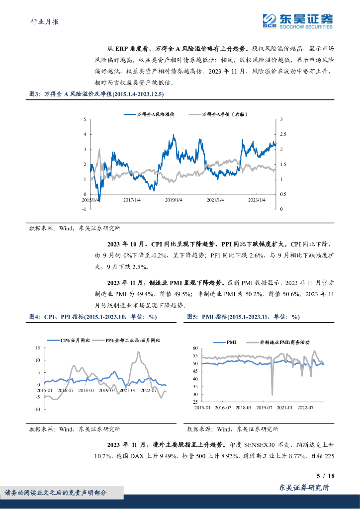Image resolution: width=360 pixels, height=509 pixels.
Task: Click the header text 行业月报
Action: click(38, 21)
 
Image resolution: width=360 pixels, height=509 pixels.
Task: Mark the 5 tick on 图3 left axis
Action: click(85, 119)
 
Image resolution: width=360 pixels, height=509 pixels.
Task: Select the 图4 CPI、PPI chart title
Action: click(93, 317)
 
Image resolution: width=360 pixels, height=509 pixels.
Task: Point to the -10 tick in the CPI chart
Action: click(36, 409)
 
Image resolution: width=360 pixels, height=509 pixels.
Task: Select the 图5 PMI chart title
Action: click(243, 317)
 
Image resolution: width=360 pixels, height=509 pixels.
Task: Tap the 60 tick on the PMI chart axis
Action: click(195, 348)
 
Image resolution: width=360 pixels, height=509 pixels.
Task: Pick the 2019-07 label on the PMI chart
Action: click(264, 408)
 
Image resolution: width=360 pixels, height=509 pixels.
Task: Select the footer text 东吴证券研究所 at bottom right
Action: click(305, 488)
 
